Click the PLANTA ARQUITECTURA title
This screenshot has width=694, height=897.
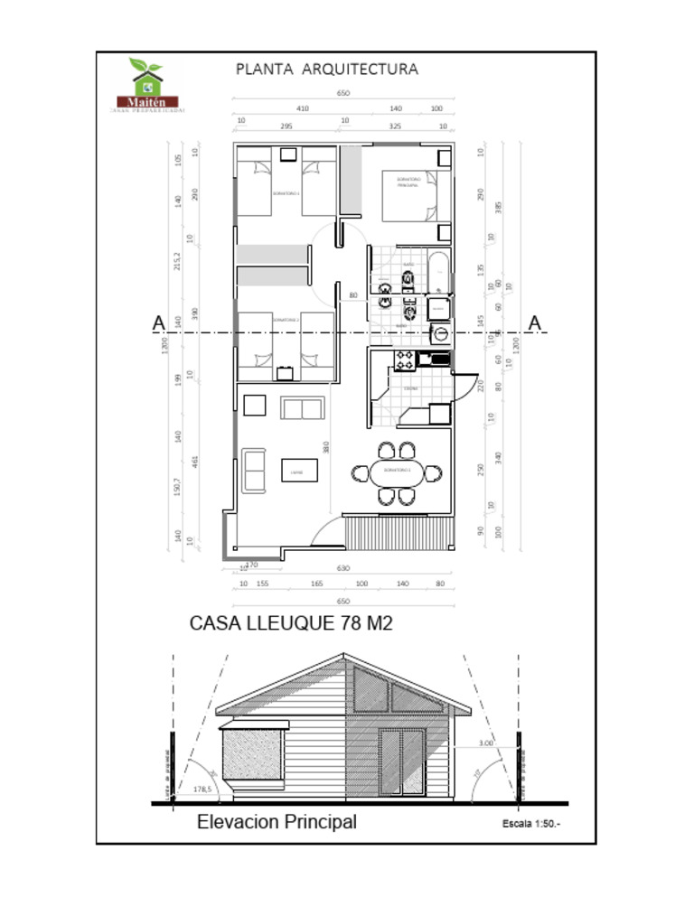tap(326, 69)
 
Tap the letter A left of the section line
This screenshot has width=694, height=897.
tap(158, 322)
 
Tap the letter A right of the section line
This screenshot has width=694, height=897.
tap(535, 322)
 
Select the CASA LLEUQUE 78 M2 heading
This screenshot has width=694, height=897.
tap(291, 623)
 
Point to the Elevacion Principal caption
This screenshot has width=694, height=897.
tap(277, 822)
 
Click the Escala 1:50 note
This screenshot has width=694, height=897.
tap(531, 824)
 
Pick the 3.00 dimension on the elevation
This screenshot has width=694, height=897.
tap(484, 743)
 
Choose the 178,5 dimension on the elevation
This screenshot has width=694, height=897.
tap(202, 790)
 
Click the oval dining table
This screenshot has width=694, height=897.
tap(397, 472)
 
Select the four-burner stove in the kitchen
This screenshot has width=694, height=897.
tap(404, 360)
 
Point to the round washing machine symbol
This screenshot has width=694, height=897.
tap(440, 334)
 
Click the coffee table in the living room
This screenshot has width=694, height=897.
tap(298, 471)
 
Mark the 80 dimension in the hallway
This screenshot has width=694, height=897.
tap(353, 295)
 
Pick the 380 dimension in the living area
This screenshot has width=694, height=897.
tap(326, 446)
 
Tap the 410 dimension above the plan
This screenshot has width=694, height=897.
tap(302, 107)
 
